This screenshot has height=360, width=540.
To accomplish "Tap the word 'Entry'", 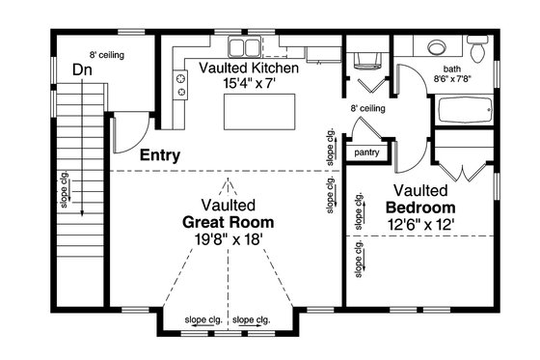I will (x=161, y=154).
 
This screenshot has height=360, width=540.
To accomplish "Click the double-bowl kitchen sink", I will (x=238, y=49).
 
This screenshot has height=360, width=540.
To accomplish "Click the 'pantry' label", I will (x=366, y=152).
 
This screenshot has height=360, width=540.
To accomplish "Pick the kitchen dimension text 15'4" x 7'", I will (x=249, y=85).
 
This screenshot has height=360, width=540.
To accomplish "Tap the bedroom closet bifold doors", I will (x=463, y=170).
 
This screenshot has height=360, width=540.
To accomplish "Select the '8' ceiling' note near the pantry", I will (x=367, y=109).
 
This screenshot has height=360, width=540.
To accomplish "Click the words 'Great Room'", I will (x=229, y=222).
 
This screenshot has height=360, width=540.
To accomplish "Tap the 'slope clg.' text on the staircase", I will (x=64, y=189).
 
